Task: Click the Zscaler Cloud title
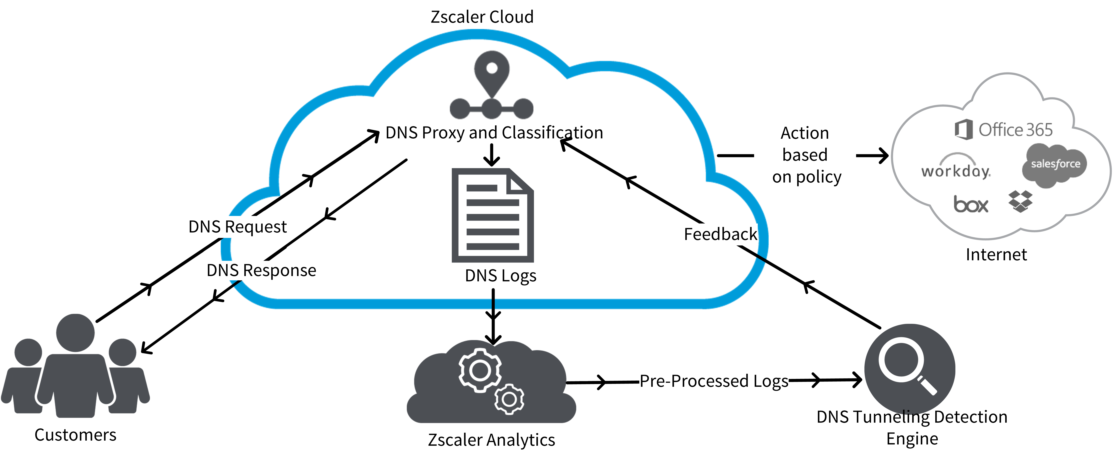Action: point(482,17)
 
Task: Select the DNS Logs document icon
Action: point(493,215)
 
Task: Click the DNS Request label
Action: point(237,227)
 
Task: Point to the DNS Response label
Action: point(261,270)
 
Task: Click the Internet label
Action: point(996,255)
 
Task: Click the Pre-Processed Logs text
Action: point(713,381)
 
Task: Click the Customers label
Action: point(75,435)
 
